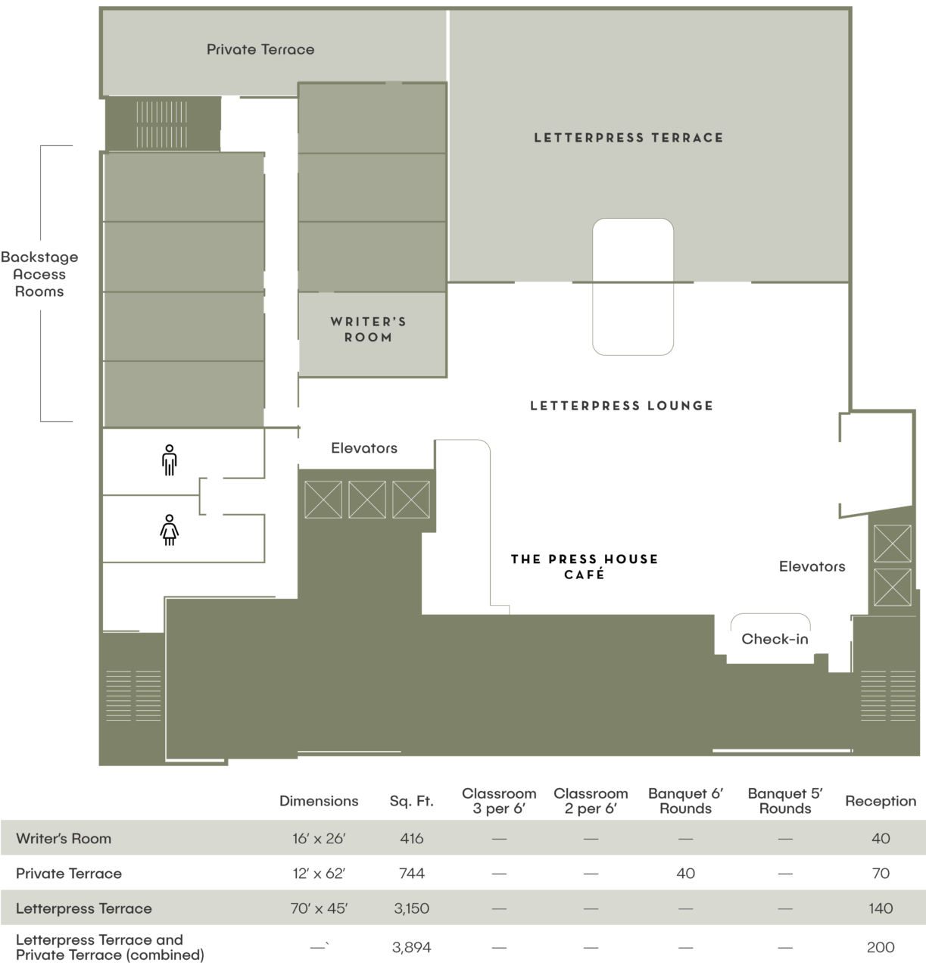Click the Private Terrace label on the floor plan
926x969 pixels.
coord(260,49)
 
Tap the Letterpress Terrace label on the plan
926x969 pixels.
coord(628,138)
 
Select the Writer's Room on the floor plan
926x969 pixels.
coord(369,329)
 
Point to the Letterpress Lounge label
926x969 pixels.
coord(622,406)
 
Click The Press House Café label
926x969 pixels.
coord(585,566)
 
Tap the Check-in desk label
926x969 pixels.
coord(775,639)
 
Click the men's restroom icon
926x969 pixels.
coord(170,460)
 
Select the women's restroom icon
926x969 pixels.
coord(170,530)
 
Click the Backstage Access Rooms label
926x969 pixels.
coord(39,274)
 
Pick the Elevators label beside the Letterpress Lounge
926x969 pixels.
coord(364,448)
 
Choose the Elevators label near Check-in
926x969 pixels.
coord(812,566)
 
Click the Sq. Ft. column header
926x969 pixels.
coord(411,801)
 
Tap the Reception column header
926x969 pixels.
coord(881,801)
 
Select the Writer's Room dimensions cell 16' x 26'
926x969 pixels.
coord(319,839)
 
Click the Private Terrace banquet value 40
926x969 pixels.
coord(685,874)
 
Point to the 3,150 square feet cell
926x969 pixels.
coord(411,908)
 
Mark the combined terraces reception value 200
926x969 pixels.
coord(881,947)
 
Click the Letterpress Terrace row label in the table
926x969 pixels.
coord(84,908)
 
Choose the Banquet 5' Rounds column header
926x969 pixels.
coord(785,801)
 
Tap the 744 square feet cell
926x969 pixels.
coord(411,874)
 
